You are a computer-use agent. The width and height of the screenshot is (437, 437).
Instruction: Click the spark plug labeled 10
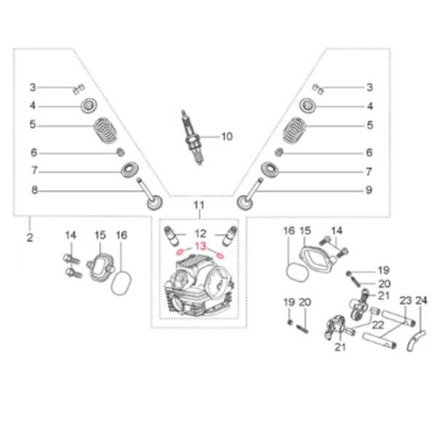click(192, 138)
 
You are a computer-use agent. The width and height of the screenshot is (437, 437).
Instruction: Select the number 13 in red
click(201, 246)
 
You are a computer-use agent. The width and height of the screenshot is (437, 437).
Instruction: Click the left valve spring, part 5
click(105, 130)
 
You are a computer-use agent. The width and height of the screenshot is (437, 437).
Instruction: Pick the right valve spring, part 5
click(294, 130)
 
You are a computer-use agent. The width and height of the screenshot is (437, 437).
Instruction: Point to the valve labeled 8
click(149, 195)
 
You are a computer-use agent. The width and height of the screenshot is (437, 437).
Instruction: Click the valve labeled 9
click(249, 194)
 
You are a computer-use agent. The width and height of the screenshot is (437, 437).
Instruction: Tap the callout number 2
click(30, 237)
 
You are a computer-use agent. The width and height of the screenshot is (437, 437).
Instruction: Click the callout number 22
click(378, 326)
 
